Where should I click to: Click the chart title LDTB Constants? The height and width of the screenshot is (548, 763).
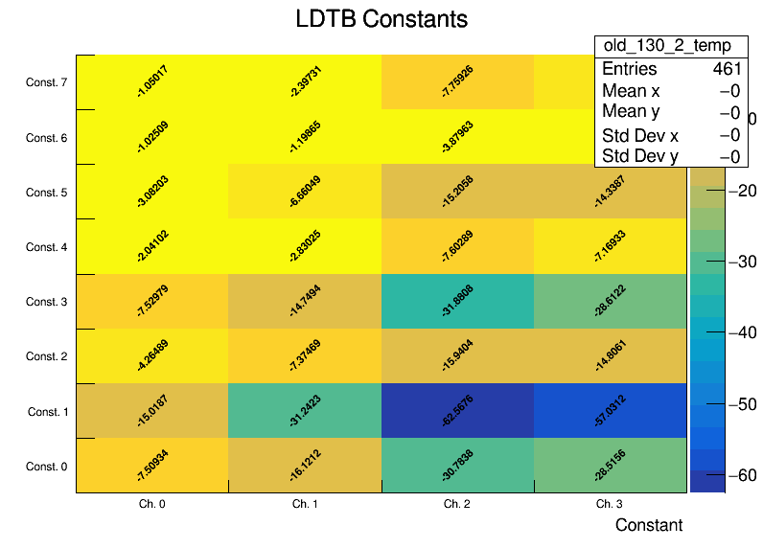click(x=381, y=19)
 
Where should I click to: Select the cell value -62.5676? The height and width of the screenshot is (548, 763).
click(x=458, y=411)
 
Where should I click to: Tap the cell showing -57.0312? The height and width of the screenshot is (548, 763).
click(x=611, y=411)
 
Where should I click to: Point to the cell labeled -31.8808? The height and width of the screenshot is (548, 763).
click(x=458, y=302)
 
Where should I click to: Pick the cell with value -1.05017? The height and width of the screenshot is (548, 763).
click(x=152, y=82)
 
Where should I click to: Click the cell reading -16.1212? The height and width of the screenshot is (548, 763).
click(x=305, y=466)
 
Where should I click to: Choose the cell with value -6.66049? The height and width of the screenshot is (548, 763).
click(x=305, y=192)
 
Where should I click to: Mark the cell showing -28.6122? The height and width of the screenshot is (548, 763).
click(x=611, y=302)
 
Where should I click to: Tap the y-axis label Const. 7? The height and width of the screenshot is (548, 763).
click(x=47, y=82)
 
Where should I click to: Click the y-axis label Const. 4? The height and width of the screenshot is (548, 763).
click(x=47, y=247)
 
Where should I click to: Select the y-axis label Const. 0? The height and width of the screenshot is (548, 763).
click(x=47, y=467)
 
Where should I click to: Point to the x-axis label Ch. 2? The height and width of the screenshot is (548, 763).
click(x=457, y=503)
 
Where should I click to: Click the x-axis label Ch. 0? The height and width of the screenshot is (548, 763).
click(x=152, y=503)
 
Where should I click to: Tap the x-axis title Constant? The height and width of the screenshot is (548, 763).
click(x=649, y=525)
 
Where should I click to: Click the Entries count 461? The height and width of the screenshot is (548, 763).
click(x=726, y=69)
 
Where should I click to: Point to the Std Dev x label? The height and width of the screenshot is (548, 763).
click(x=639, y=135)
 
